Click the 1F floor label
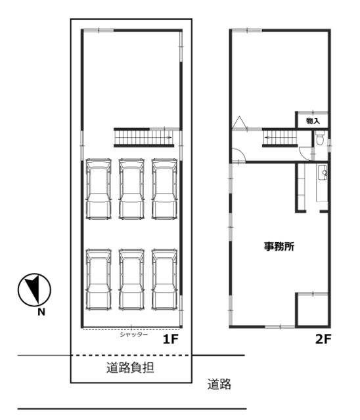coord(171,340)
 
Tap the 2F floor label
coord(323,340)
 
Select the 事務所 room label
coord(279,246)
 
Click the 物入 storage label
coord(313,121)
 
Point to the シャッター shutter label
coord(133,334)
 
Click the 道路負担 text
coord(130,367)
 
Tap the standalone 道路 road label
coord(219,384)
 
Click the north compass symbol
coord(34,290)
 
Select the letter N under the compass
coord(41,312)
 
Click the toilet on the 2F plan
coord(319,138)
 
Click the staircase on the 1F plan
coord(144,137)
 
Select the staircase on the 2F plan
coord(280,137)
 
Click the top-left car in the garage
coord(99,189)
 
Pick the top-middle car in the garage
coord(131,189)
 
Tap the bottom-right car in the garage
coord(164,280)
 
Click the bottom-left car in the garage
coord(99,280)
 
